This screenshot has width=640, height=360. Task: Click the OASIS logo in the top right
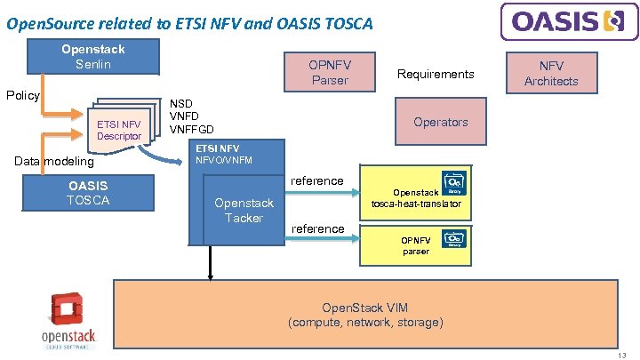coord(569,20)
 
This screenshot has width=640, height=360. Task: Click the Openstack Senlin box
coord(92,57)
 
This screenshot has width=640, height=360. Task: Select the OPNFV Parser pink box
coord(329,73)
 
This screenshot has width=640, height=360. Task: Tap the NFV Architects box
coord(550,73)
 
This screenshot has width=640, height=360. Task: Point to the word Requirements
coord(436,74)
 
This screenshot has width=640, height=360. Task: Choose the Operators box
coord(440,122)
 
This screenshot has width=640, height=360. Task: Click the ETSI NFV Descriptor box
coord(119,130)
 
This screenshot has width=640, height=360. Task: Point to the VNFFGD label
coord(192,130)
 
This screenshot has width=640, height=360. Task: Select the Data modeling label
coord(53,161)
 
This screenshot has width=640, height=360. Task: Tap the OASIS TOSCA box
coord(88,193)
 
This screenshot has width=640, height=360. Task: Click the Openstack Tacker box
coord(244,211)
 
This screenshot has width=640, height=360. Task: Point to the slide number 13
coord(621,353)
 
